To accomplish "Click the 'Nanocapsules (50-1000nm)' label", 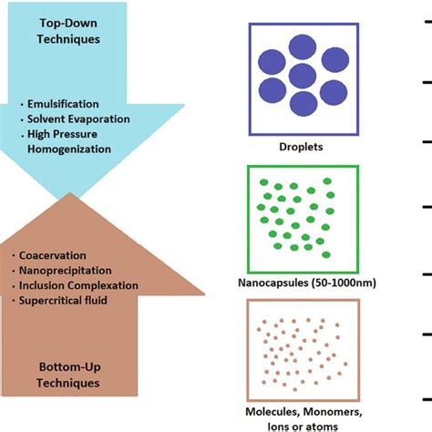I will click(303, 283).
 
